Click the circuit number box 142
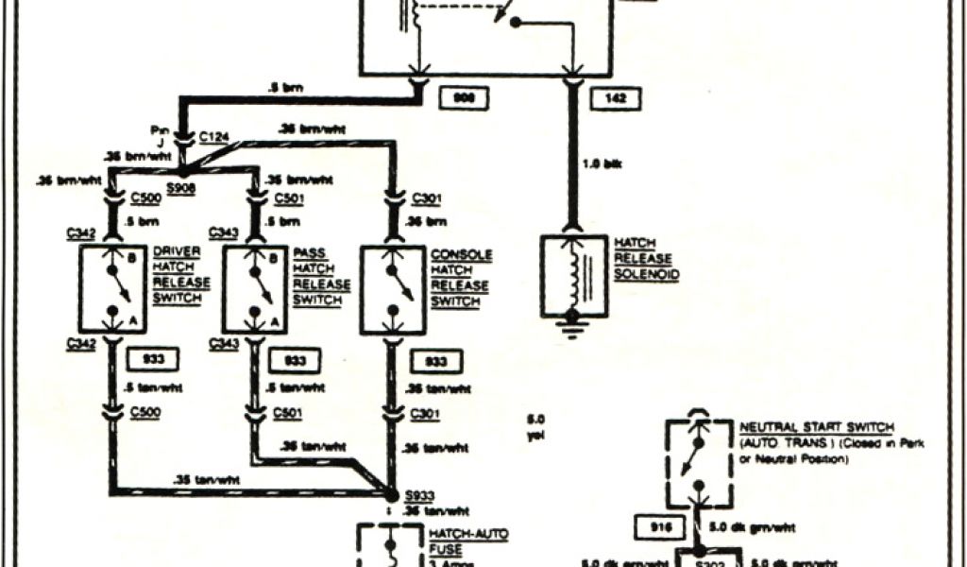click(x=602, y=97)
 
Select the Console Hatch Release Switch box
click(x=393, y=288)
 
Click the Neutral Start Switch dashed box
click(x=697, y=463)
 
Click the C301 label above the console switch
click(x=427, y=198)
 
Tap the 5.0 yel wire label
click(x=536, y=426)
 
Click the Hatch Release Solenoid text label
click(x=647, y=258)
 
